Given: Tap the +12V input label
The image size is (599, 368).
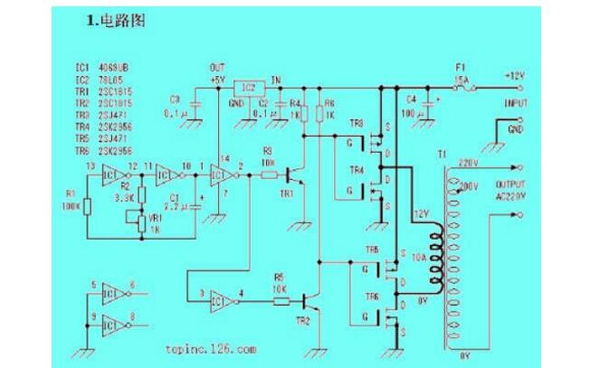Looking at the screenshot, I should pyautogui.click(x=516, y=76).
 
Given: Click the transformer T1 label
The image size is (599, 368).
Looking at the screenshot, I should pyautogui.click(x=442, y=155).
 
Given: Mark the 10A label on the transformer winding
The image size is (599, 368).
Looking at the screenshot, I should pyautogui.click(x=418, y=259).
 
